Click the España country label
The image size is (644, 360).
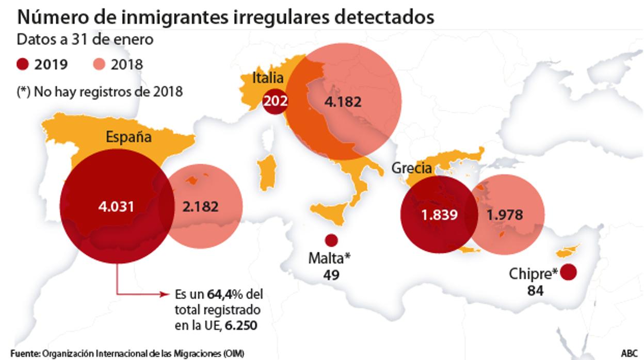tap(128, 137)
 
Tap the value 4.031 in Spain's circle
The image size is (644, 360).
tap(116, 207)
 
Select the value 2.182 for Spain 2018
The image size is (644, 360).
tap(200, 207)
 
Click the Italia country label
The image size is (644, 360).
tap(268, 78)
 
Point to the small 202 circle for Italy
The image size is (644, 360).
tap(275, 101)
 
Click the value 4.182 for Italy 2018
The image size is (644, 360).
tap(343, 101)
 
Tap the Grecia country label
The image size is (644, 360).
tap(412, 168)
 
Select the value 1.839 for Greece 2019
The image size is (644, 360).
tap(439, 215)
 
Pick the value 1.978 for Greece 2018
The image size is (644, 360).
tap(505, 215)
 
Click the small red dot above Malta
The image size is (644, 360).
tap(331, 240)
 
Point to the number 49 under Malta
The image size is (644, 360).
tap(331, 275)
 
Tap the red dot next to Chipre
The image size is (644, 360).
tap(569, 272)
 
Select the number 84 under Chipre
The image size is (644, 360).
tap(535, 291)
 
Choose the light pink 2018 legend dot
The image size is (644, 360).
tap(100, 64)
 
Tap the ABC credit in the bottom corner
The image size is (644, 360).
tap(629, 353)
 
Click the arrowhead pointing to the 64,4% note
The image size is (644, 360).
tap(166, 294)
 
